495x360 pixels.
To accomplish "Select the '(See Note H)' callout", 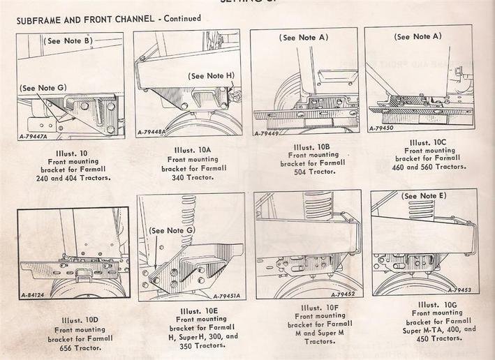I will (211, 76).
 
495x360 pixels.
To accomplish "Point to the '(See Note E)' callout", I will (424, 195).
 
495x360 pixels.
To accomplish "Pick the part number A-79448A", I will (154, 132).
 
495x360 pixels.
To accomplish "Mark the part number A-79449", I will (267, 133).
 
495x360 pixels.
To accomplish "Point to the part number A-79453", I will (459, 290).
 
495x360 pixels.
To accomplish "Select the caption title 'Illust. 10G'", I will (436, 304).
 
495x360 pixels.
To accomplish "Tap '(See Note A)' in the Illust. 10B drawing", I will (304, 37).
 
